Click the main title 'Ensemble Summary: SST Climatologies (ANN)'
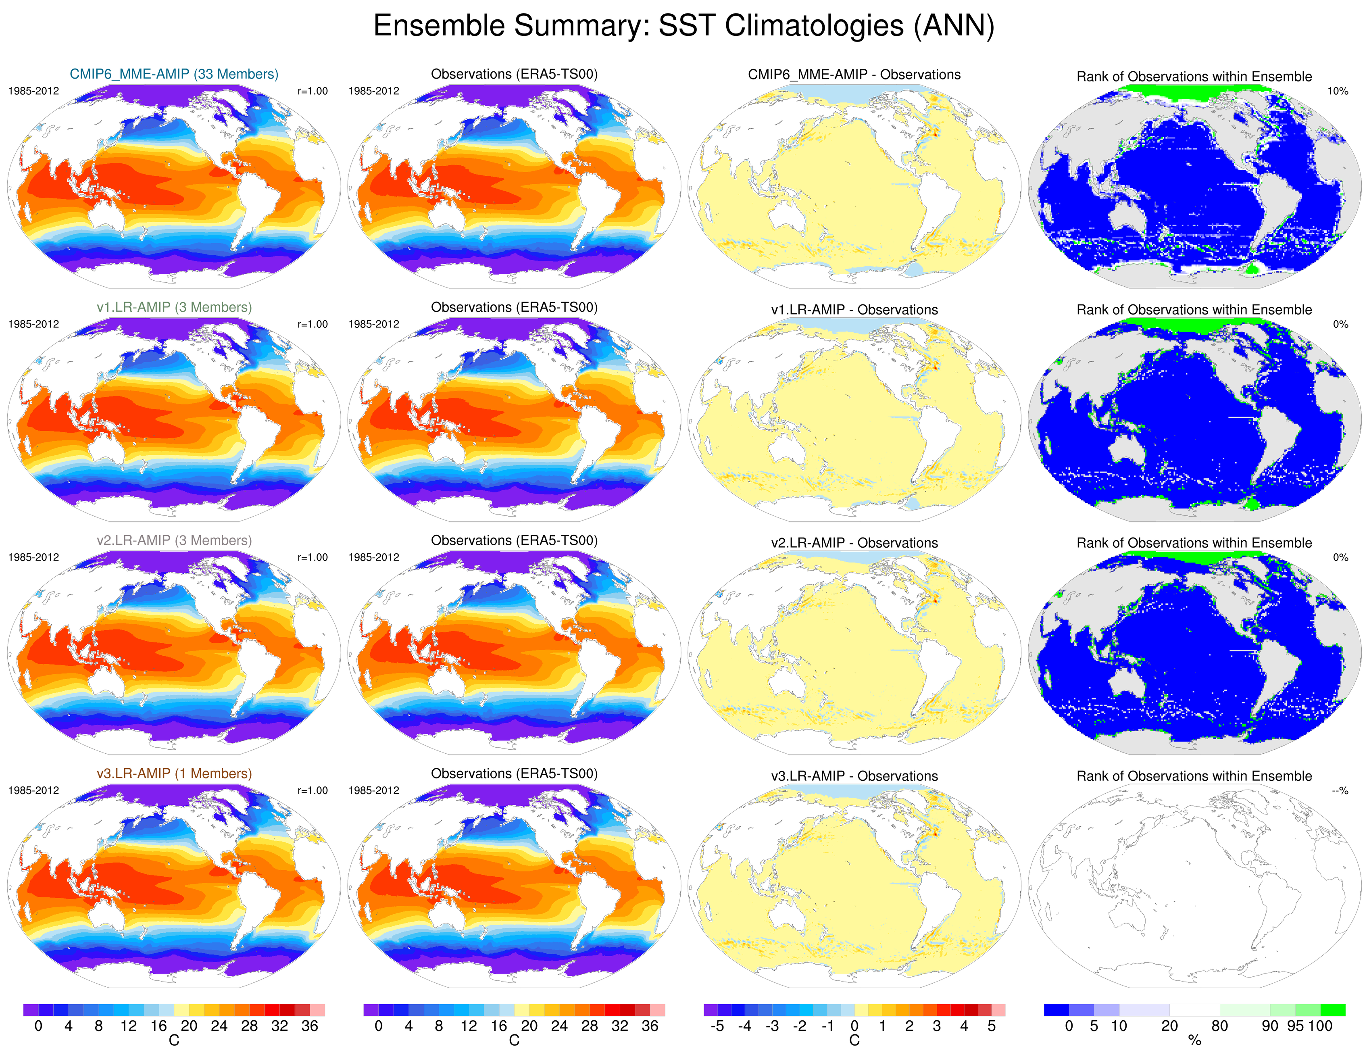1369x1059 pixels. click(684, 26)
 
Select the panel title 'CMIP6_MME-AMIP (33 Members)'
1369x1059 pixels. click(174, 74)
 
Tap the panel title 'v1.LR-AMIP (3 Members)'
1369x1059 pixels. click(174, 307)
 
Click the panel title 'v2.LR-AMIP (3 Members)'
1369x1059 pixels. click(174, 540)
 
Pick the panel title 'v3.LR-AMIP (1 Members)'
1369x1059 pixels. click(174, 774)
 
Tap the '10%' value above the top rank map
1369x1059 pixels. click(1338, 91)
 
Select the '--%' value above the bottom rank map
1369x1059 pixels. click(1340, 791)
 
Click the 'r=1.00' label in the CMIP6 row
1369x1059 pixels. click(312, 91)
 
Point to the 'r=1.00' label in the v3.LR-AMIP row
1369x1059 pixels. click(312, 791)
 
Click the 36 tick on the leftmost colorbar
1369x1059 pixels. click(310, 1026)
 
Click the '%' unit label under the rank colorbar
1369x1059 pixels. click(1195, 1041)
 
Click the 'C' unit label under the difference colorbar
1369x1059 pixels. click(854, 1041)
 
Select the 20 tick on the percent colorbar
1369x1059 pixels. click(1170, 1026)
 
